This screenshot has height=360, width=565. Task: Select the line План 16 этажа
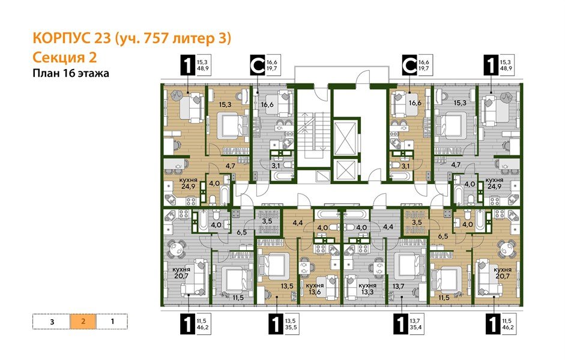(x=67, y=74)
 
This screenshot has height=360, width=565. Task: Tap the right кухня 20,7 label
(x=503, y=274)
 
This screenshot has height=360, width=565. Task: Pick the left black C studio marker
(x=257, y=65)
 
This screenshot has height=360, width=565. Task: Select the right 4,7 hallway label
(x=455, y=164)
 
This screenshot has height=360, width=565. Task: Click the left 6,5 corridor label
(x=241, y=230)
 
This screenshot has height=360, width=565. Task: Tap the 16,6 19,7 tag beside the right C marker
(x=424, y=65)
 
